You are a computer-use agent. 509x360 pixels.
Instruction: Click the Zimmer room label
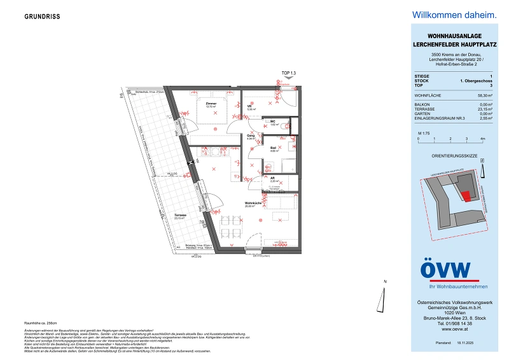tap(211, 104)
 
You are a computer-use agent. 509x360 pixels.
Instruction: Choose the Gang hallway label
tap(251, 136)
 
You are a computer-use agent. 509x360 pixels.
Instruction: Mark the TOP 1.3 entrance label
tap(289, 73)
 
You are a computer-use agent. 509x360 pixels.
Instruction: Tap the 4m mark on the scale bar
tap(484, 138)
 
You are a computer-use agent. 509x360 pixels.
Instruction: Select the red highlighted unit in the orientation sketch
tap(466, 196)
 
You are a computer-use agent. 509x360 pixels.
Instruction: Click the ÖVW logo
tap(445, 270)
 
